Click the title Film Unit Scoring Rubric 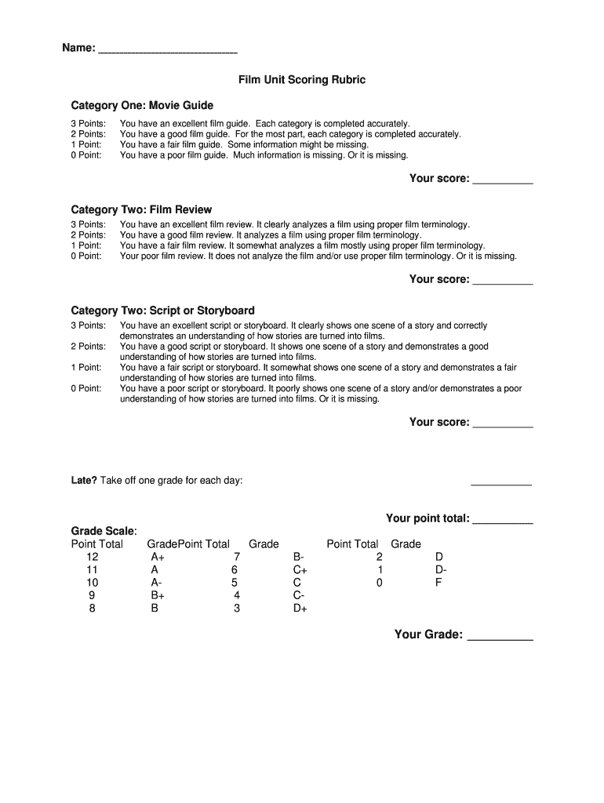(x=302, y=80)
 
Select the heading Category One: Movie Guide (x=142, y=105)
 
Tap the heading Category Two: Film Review (x=141, y=209)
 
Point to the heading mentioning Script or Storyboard (x=162, y=311)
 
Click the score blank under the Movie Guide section (x=503, y=180)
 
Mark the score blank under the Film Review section (x=503, y=281)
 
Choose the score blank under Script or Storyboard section (x=503, y=423)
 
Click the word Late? (x=84, y=481)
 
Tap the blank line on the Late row (x=501, y=482)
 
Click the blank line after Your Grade (x=500, y=636)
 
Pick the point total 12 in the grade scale (x=93, y=557)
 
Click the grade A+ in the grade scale (x=158, y=557)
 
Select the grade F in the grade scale (x=438, y=583)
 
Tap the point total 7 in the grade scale (x=236, y=557)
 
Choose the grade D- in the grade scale (x=441, y=570)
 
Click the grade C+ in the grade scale (x=300, y=570)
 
